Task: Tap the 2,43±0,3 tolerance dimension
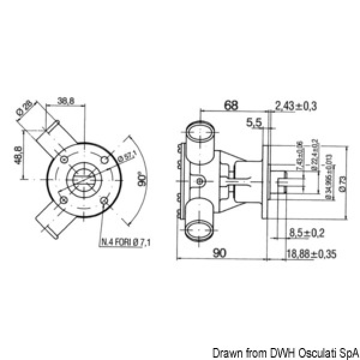pyautogui.click(x=296, y=106)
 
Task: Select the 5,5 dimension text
pyautogui.click(x=254, y=122)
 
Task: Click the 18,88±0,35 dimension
pyautogui.click(x=310, y=254)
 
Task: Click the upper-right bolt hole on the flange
pyautogui.click(x=106, y=160)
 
